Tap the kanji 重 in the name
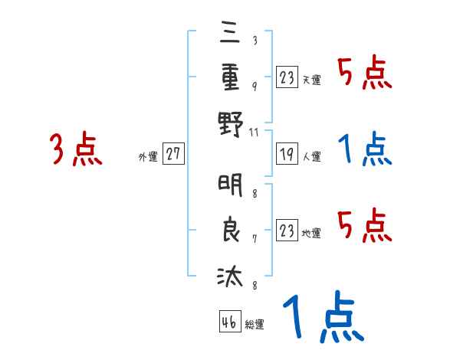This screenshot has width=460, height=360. coord(230,78)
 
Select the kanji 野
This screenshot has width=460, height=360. coord(230,123)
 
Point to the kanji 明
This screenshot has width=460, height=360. coord(230,186)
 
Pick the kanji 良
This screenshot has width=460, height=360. coord(230,230)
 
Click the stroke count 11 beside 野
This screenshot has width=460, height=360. coord(255,133)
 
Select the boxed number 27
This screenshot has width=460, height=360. coord(173,154)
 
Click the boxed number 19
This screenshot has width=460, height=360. coord(286,154)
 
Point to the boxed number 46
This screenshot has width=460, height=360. coord(228,322)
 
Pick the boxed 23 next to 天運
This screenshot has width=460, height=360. coord(286,77)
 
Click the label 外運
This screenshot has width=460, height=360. coord(148,156)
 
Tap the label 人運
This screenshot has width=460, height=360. coord(311,156)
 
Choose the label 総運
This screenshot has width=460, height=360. coord(254,324)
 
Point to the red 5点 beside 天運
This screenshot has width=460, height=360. coord(365,74)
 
